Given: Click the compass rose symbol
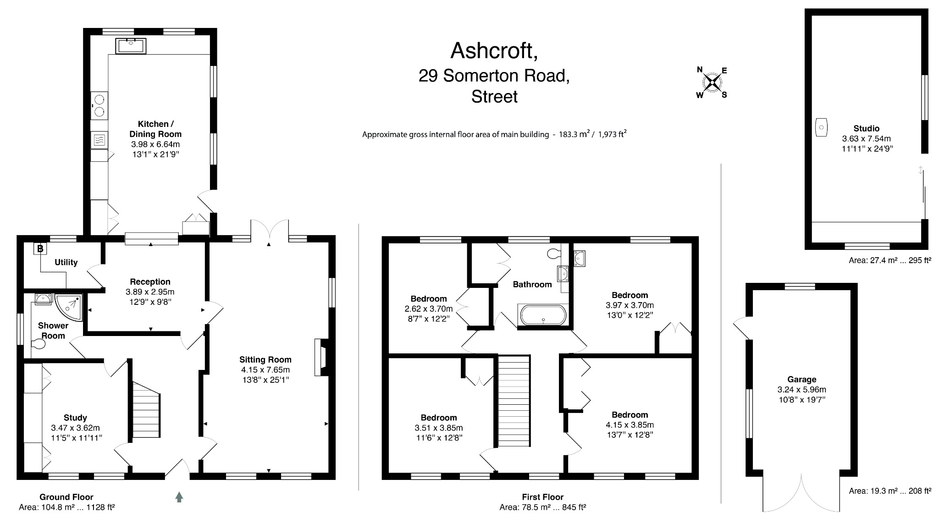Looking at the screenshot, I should [712, 83].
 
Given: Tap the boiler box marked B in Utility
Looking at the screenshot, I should [40, 249].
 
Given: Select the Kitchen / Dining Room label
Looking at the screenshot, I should [155, 129].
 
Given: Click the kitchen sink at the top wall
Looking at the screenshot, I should [131, 46].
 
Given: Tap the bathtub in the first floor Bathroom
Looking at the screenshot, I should [543, 315].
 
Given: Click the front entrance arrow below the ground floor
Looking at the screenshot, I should [179, 497].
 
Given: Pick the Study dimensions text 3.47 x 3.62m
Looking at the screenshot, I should [75, 428].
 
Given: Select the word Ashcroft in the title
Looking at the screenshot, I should [494, 51].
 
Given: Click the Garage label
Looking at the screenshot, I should [801, 379].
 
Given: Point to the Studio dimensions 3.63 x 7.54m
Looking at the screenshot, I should [866, 138].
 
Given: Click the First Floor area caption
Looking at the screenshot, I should [542, 502].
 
